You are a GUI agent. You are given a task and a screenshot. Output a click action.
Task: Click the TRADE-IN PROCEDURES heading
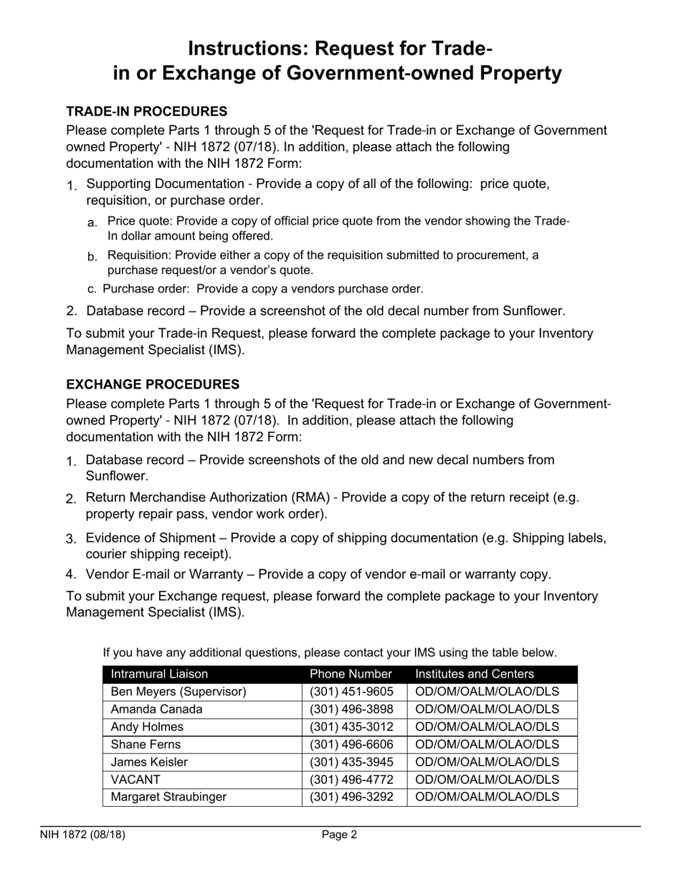(146, 112)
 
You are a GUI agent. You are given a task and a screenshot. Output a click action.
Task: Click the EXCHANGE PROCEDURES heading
(153, 384)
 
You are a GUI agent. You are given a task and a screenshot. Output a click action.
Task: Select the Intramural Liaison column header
(159, 674)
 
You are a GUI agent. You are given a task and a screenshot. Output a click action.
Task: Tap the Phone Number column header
(351, 674)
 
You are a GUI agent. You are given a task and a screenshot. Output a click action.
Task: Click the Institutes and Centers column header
(475, 674)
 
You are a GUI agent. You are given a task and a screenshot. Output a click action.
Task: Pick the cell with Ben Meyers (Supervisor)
(178, 692)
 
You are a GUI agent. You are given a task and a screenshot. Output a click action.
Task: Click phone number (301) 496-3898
(351, 709)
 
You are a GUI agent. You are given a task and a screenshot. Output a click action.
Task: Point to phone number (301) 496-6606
(351, 744)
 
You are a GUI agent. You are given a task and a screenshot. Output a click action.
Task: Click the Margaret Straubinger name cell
(168, 797)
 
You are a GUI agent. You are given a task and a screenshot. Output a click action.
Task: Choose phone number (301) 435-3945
(351, 762)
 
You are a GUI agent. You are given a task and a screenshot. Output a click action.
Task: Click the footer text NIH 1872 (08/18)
(83, 835)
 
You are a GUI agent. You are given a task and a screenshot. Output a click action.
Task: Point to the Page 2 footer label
(339, 835)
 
